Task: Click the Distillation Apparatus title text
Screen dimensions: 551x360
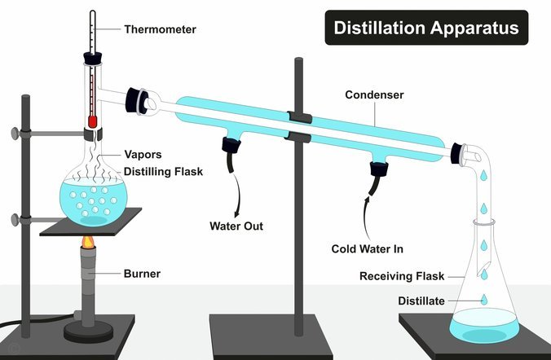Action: tap(426, 28)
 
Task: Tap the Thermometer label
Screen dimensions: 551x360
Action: tap(160, 29)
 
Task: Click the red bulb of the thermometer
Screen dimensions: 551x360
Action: tap(92, 121)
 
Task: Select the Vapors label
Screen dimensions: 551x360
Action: tap(143, 155)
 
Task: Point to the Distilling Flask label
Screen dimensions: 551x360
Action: tap(163, 171)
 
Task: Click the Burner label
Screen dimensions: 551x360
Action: tap(142, 274)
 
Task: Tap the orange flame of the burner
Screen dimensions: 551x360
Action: tap(88, 241)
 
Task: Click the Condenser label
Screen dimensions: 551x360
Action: tap(374, 94)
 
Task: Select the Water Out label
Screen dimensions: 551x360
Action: tap(236, 226)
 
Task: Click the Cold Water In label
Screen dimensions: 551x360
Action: tap(368, 248)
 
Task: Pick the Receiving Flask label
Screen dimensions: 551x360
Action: tap(402, 276)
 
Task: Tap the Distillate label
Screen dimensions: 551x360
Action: tap(421, 301)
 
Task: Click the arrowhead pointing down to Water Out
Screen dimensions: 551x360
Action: tap(237, 213)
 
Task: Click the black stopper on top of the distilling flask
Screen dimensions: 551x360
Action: tap(93, 58)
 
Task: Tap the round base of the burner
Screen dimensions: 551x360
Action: tap(89, 331)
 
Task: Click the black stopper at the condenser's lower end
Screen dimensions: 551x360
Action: tap(456, 153)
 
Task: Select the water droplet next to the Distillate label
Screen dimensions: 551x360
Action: tap(484, 300)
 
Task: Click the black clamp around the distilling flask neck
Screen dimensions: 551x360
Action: tap(93, 134)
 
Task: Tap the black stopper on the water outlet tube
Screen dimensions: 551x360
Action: tap(231, 146)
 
